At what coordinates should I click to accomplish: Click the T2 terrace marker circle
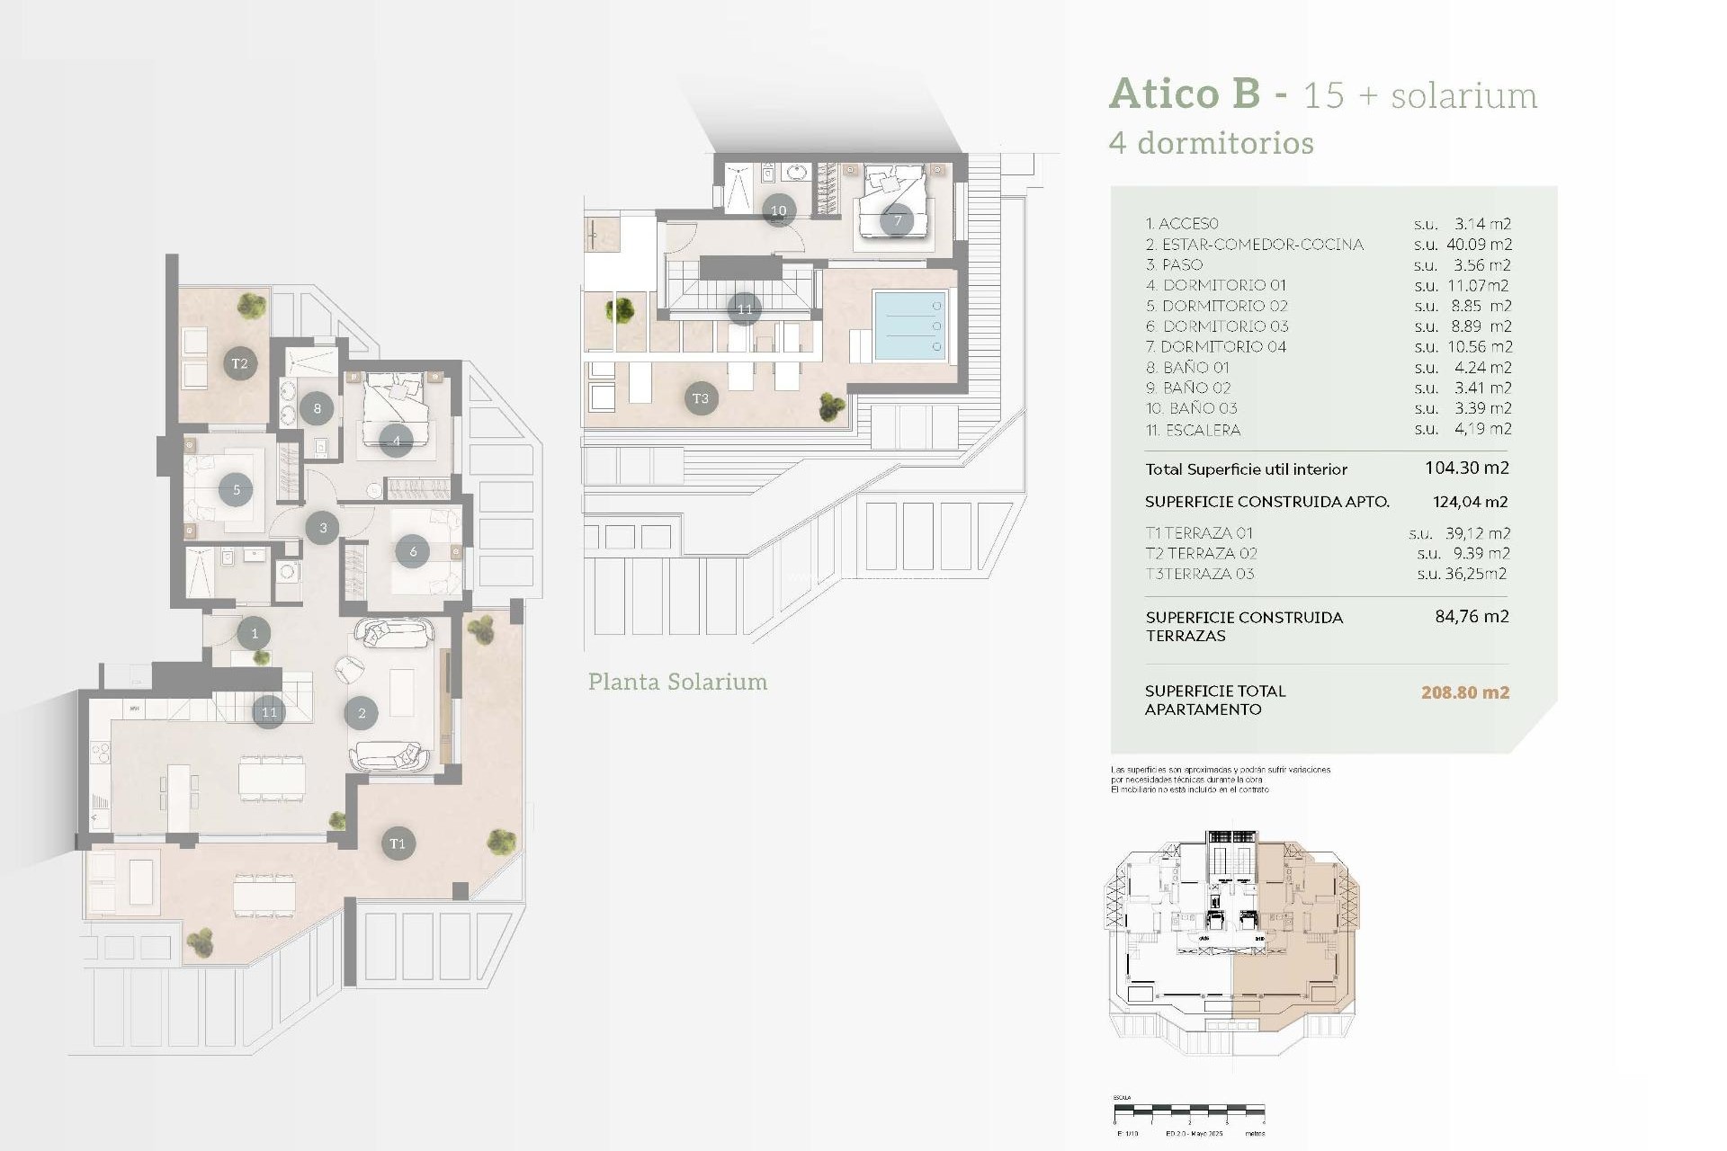point(240,363)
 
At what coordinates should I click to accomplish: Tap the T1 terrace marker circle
point(398,843)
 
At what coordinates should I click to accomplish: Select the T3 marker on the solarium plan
point(701,398)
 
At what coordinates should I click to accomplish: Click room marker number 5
point(236,490)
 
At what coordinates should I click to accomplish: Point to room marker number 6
point(413,551)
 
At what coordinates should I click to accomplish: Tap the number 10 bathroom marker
point(779,210)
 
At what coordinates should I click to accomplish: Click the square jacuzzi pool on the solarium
point(909,326)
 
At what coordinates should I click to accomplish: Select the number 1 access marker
point(255,633)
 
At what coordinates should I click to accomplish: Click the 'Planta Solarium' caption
point(677,682)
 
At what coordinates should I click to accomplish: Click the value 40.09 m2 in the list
point(1478,245)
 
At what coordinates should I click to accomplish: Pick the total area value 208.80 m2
point(1464,692)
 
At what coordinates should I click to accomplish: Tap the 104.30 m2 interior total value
point(1466,468)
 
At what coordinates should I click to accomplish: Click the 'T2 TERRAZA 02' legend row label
point(1201,554)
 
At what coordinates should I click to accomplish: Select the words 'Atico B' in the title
point(1184,94)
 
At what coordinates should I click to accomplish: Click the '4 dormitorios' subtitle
point(1211,143)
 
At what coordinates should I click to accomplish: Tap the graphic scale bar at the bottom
point(1189,1110)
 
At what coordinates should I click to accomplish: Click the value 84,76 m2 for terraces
point(1472,617)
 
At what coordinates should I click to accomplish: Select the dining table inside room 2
point(272,777)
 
